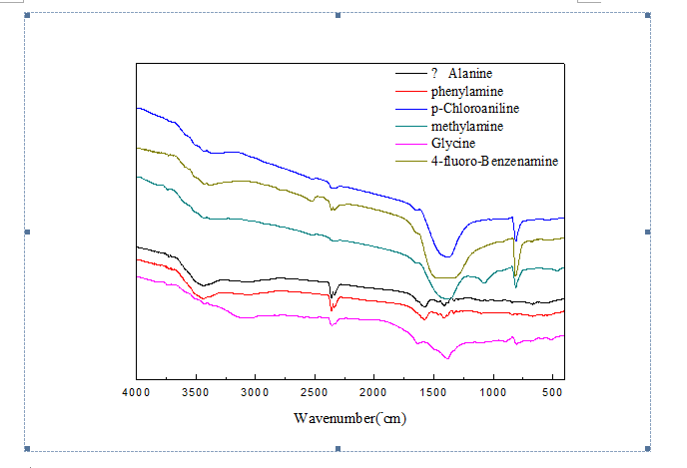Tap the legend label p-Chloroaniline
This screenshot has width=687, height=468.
475,109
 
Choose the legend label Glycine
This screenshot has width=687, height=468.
452,144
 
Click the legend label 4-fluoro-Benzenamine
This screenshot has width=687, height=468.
494,162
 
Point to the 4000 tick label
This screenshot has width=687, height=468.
136,392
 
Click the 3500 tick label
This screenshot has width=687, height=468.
196,392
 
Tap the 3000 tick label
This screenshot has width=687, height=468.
256,392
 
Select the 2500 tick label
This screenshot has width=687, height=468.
315,392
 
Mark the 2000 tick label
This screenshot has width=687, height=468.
374,392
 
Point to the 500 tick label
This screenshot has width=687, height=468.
551,392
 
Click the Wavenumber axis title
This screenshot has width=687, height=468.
349,418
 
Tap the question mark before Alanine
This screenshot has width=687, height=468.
434,74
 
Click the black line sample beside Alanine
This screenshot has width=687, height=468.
409,75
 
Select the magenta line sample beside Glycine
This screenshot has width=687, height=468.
409,145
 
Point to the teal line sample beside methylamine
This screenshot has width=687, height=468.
409,127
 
